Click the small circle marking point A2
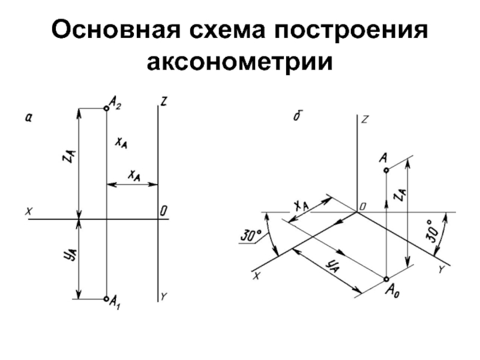pyautogui.click(x=106, y=109)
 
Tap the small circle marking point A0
pyautogui.click(x=386, y=279)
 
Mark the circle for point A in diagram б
pyautogui.click(x=386, y=170)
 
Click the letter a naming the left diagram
pyautogui.click(x=28, y=118)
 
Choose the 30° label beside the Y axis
pyautogui.click(x=436, y=230)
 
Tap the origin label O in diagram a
pyautogui.click(x=163, y=211)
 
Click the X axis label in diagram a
pyautogui.click(x=28, y=211)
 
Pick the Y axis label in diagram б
pyautogui.click(x=441, y=271)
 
